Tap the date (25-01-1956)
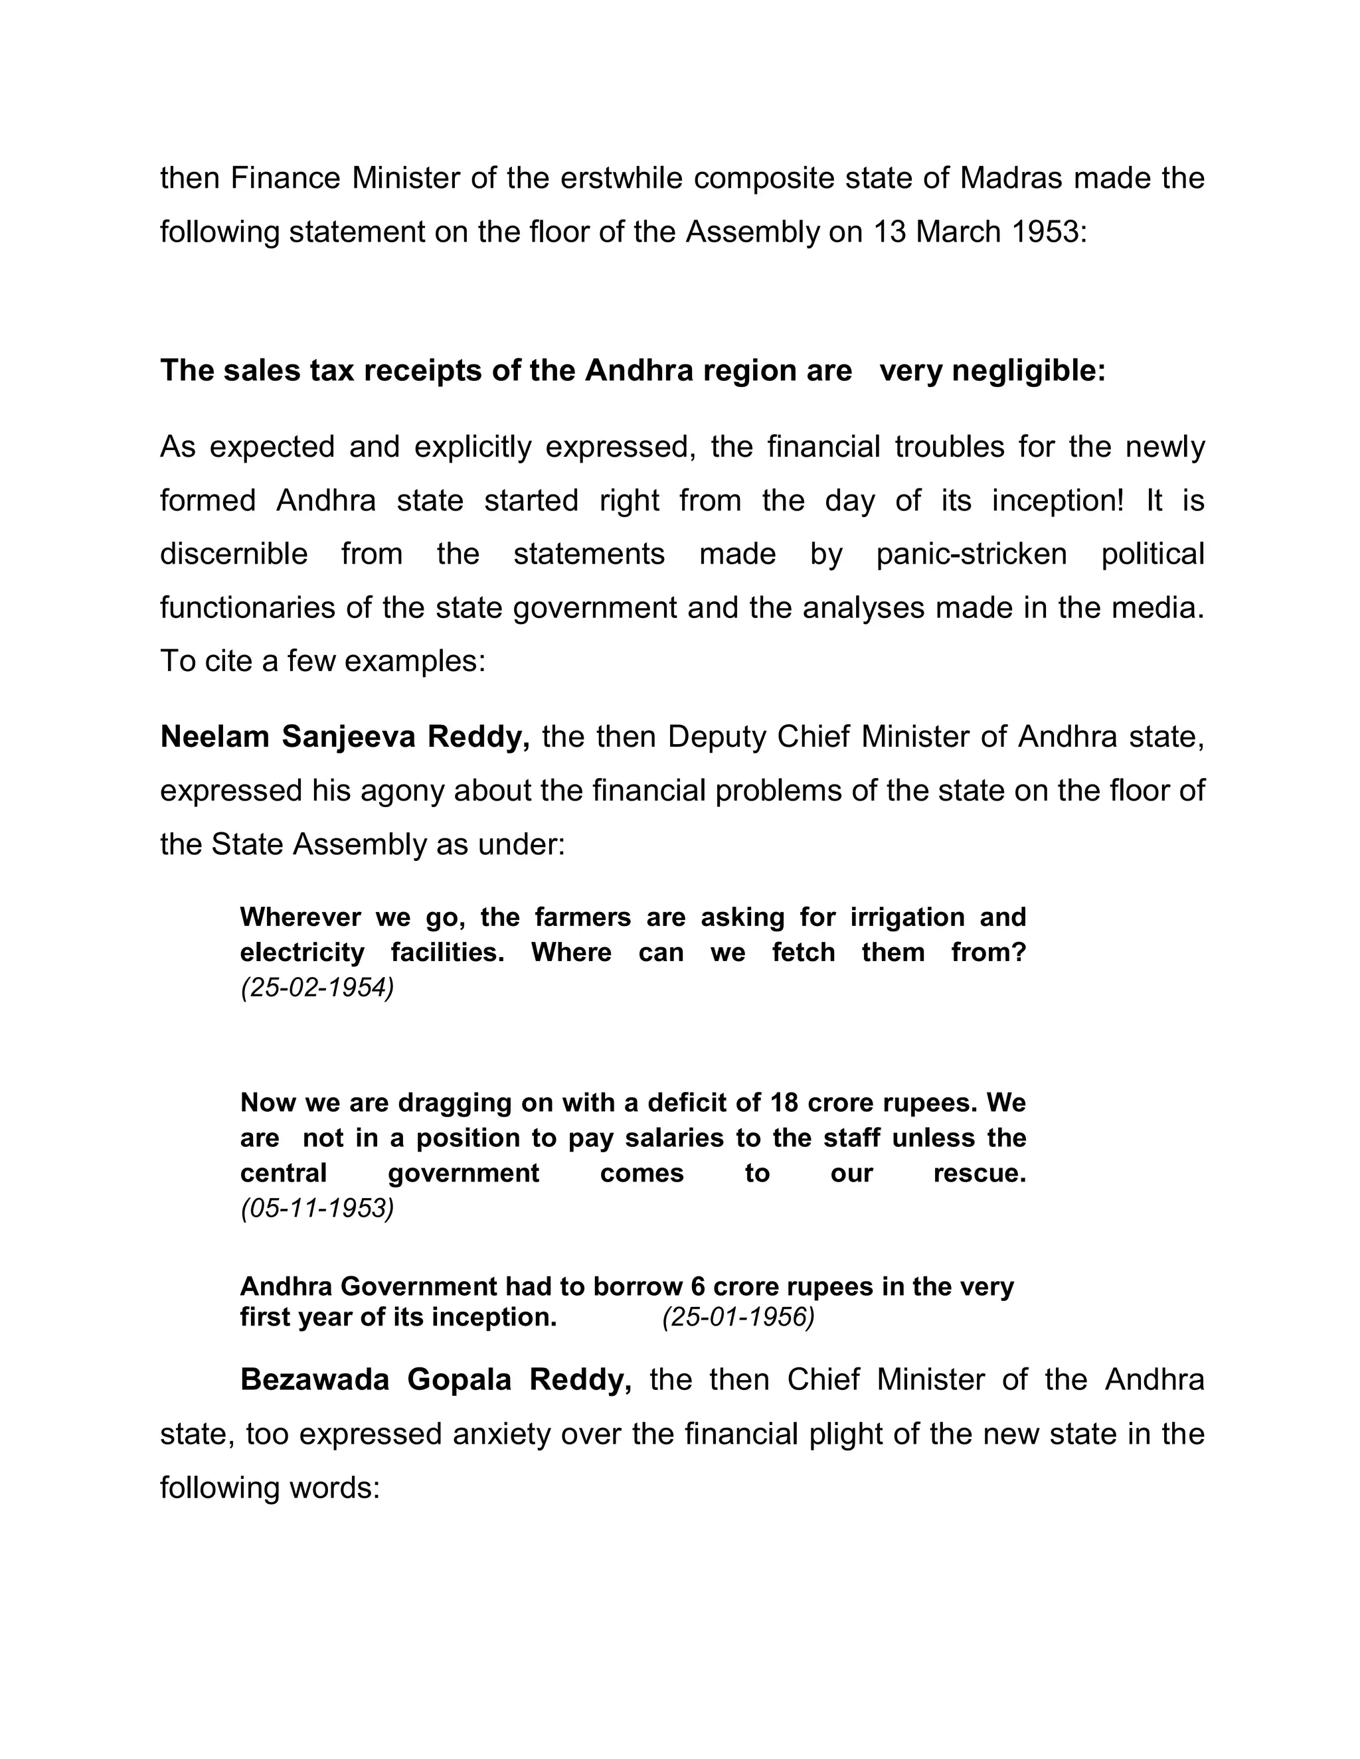738,1317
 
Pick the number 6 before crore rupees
698,1286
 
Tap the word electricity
302,953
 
